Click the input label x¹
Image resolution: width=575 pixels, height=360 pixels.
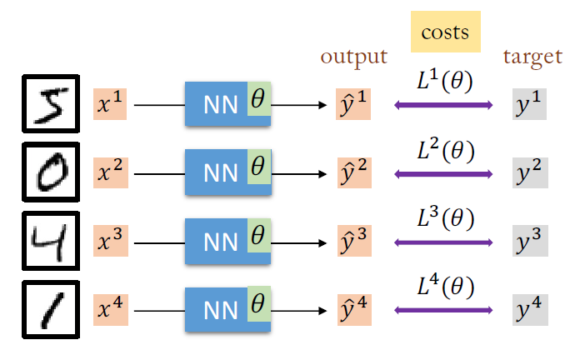point(110,106)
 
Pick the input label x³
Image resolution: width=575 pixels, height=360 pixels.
point(110,242)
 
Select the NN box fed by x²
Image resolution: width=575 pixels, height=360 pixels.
point(219,174)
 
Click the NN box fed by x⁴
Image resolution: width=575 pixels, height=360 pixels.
point(219,311)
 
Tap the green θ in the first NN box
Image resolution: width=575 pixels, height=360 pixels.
point(258,100)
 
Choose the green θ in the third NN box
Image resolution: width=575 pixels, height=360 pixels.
point(258,237)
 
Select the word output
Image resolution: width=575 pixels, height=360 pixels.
point(354,57)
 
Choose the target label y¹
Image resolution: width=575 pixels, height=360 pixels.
point(530,106)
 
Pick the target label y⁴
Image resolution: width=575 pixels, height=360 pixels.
point(530,311)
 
